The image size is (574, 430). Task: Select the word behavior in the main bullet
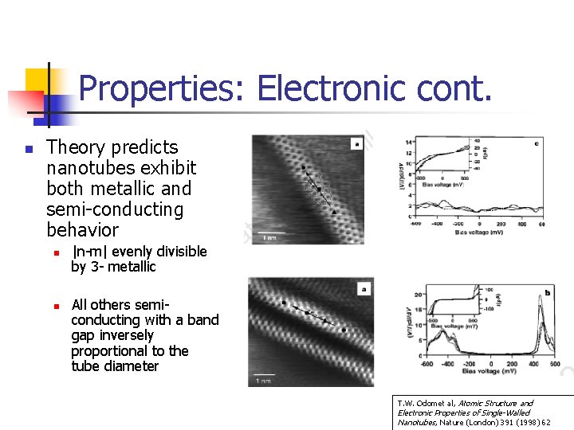click(x=82, y=230)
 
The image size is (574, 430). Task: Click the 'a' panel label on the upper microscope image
click(x=357, y=145)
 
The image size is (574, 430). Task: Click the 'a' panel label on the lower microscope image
click(x=364, y=289)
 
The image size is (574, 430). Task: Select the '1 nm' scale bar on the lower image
click(x=262, y=381)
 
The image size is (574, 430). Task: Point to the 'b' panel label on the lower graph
click(x=546, y=293)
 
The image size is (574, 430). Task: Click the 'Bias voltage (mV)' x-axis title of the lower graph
click(x=488, y=372)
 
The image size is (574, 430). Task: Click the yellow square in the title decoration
click(x=37, y=80)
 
